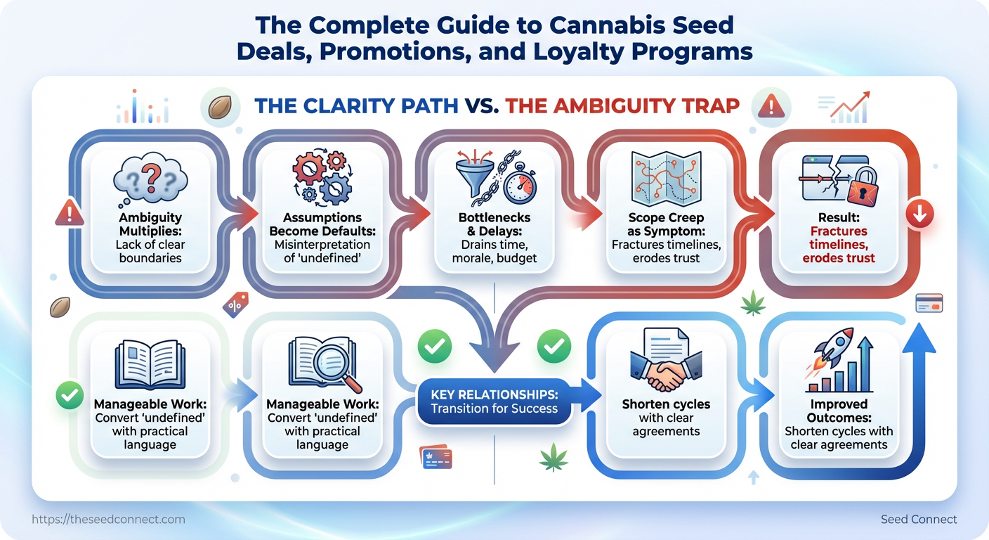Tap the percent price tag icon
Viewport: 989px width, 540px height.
click(x=235, y=306)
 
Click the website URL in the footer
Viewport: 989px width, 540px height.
click(x=109, y=520)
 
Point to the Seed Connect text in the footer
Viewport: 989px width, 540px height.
click(x=919, y=520)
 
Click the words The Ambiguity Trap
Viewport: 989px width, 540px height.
click(x=622, y=105)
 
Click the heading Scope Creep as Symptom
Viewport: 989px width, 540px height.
click(x=664, y=224)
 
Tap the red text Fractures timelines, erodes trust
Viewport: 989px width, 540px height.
click(x=839, y=244)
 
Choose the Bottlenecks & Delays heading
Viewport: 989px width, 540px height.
click(x=494, y=224)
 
